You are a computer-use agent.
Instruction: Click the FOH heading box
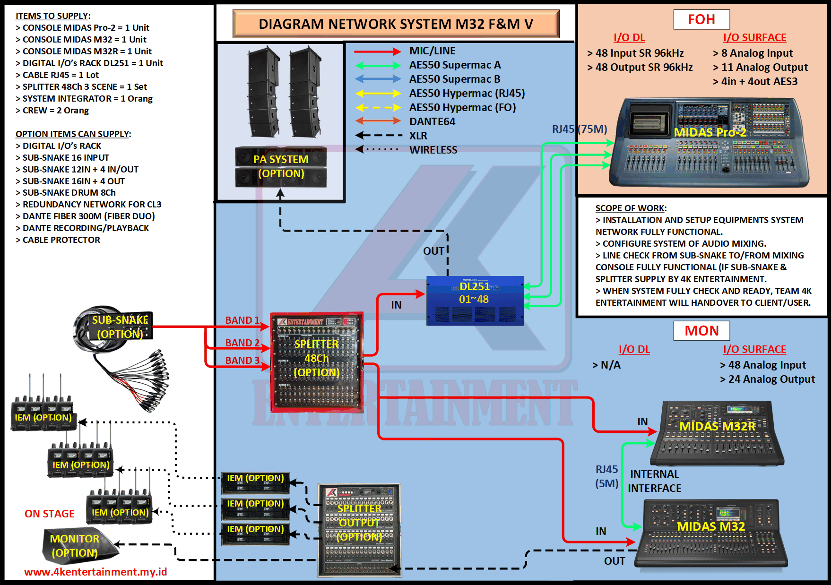701,19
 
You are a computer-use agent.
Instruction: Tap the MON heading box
701,331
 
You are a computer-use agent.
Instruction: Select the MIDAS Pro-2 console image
709,142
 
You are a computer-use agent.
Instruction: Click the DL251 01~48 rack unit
475,301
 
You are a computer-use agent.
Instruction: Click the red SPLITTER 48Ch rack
316,361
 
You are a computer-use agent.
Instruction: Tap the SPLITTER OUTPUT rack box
359,529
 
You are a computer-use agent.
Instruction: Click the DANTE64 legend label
432,122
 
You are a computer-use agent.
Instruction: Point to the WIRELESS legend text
433,150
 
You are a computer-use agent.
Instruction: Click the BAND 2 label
242,343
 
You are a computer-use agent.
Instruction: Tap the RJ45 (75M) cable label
580,129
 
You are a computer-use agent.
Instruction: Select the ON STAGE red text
50,514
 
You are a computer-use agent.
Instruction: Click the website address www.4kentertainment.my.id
95,572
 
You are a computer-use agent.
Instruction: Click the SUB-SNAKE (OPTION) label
120,327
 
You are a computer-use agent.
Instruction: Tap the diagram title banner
396,24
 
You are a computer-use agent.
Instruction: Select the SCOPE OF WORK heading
631,208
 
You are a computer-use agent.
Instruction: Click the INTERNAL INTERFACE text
655,481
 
